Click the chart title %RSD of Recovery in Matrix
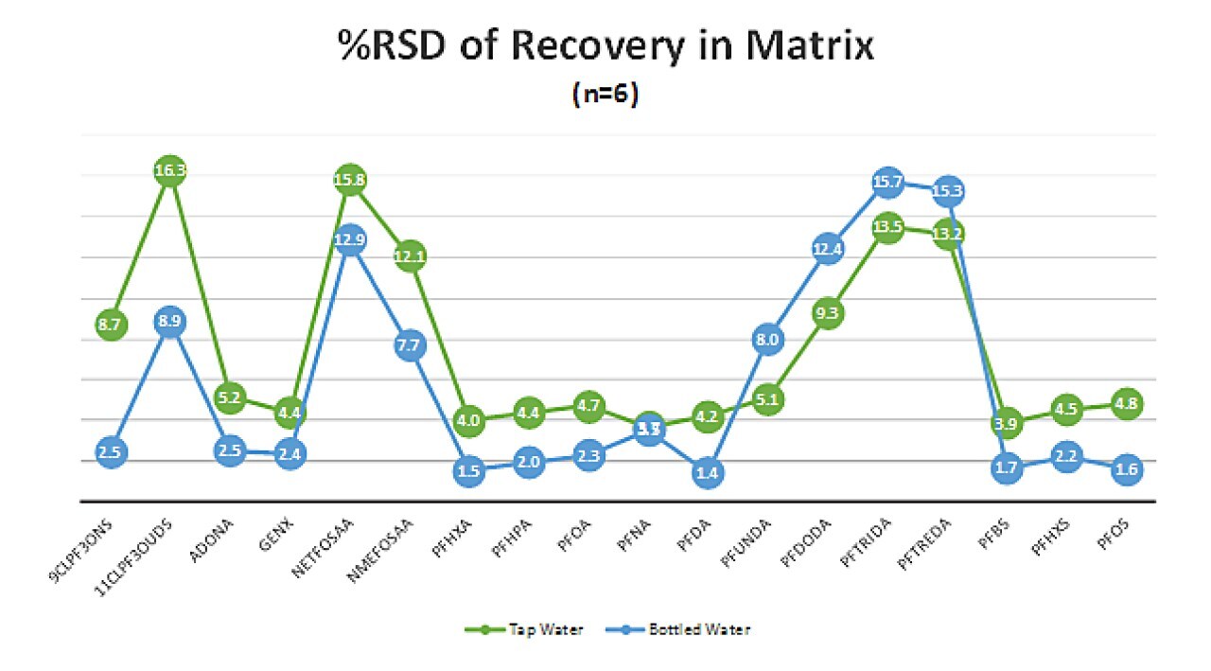coord(605,45)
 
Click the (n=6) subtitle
coord(605,95)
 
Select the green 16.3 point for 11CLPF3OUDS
coord(169,171)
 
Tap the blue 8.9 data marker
coord(170,322)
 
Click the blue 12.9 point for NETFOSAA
coord(350,240)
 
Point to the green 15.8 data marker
coord(350,178)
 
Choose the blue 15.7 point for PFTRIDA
coord(887,183)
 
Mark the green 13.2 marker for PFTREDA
coord(947,235)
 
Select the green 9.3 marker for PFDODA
coord(827,313)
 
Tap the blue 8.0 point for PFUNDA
coord(767,340)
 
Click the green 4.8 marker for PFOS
coord(1126,403)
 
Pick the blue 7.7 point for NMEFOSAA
coord(409,346)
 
